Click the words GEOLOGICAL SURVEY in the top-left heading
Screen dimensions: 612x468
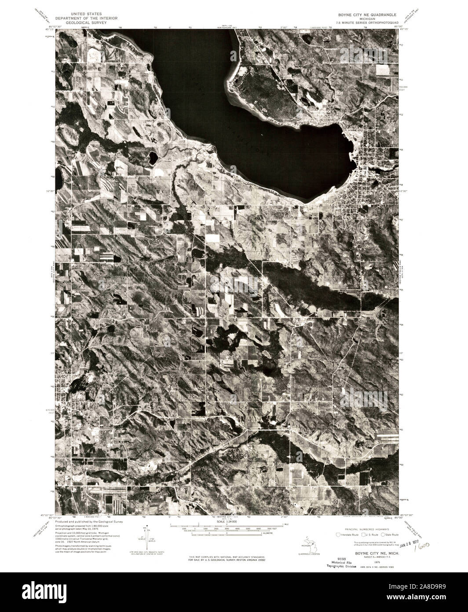point(86,20)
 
